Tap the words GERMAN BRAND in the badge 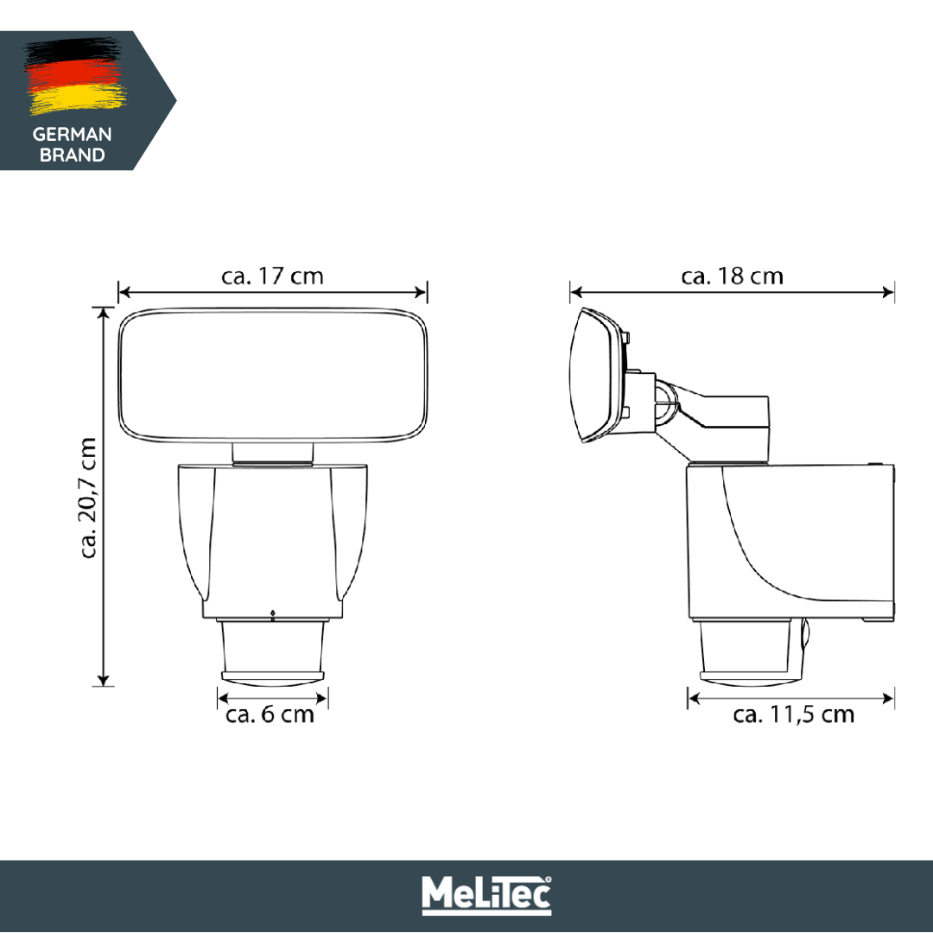click(x=72, y=145)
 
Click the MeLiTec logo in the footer click(x=486, y=895)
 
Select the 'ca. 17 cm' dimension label click(x=272, y=276)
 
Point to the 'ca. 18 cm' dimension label click(x=732, y=276)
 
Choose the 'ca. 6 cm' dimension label click(x=270, y=715)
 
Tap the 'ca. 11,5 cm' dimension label click(x=793, y=715)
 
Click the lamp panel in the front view click(x=273, y=373)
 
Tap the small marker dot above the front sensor click(x=273, y=614)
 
